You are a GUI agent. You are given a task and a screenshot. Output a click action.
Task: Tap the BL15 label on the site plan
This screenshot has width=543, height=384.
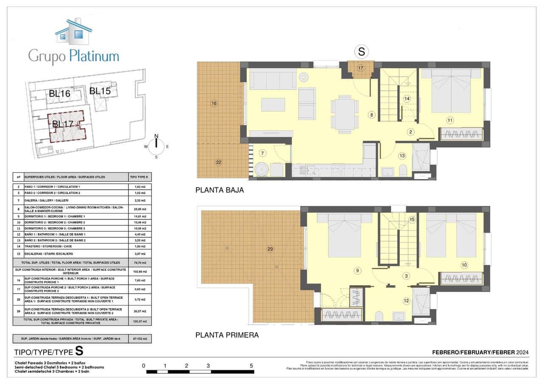pyautogui.click(x=100, y=91)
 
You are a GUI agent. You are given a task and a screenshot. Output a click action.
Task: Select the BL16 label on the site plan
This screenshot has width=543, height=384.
pyautogui.click(x=59, y=94)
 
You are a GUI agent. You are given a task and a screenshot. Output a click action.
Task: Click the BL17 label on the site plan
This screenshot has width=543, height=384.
pyautogui.click(x=63, y=124)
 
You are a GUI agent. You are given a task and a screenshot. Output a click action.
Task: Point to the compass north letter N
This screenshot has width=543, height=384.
pyautogui.click(x=156, y=136)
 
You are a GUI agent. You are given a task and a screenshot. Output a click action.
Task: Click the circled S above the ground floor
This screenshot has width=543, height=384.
pyautogui.click(x=361, y=52)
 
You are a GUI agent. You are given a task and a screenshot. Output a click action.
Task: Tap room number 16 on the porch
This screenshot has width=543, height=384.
pyautogui.click(x=214, y=103)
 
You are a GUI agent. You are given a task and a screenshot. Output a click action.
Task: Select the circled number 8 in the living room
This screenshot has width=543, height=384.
pyautogui.click(x=372, y=114)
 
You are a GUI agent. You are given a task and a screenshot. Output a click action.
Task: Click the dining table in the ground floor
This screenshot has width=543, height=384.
pyautogui.click(x=344, y=113)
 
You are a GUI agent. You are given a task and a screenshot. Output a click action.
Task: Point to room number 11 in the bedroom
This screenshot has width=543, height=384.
pyautogui.click(x=450, y=120)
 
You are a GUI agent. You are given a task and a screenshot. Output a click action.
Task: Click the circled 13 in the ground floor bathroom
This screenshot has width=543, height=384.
pyautogui.click(x=402, y=156)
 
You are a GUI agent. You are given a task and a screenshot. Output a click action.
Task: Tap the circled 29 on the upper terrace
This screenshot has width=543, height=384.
pyautogui.click(x=270, y=249)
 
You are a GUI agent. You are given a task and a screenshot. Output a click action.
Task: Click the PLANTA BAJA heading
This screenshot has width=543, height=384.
pyautogui.click(x=219, y=190)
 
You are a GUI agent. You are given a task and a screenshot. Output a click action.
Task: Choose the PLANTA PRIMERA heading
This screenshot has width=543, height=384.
pyautogui.click(x=227, y=335)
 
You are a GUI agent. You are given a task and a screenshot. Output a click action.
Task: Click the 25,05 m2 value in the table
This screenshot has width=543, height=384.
pyautogui.click(x=140, y=209)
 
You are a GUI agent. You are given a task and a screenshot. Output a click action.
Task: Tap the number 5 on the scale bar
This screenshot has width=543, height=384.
pyautogui.click(x=252, y=366)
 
